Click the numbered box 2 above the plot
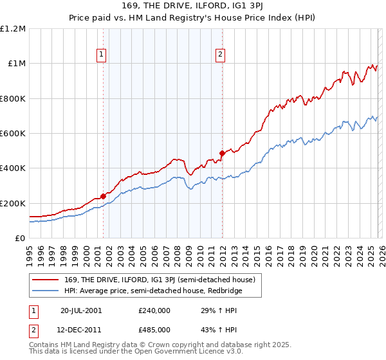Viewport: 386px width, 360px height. pos(221,55)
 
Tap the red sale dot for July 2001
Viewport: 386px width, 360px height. pos(103,197)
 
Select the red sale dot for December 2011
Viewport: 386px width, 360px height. pos(222,154)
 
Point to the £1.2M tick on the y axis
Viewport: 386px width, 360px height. pos(13,29)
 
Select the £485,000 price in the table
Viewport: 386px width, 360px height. pos(154,330)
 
